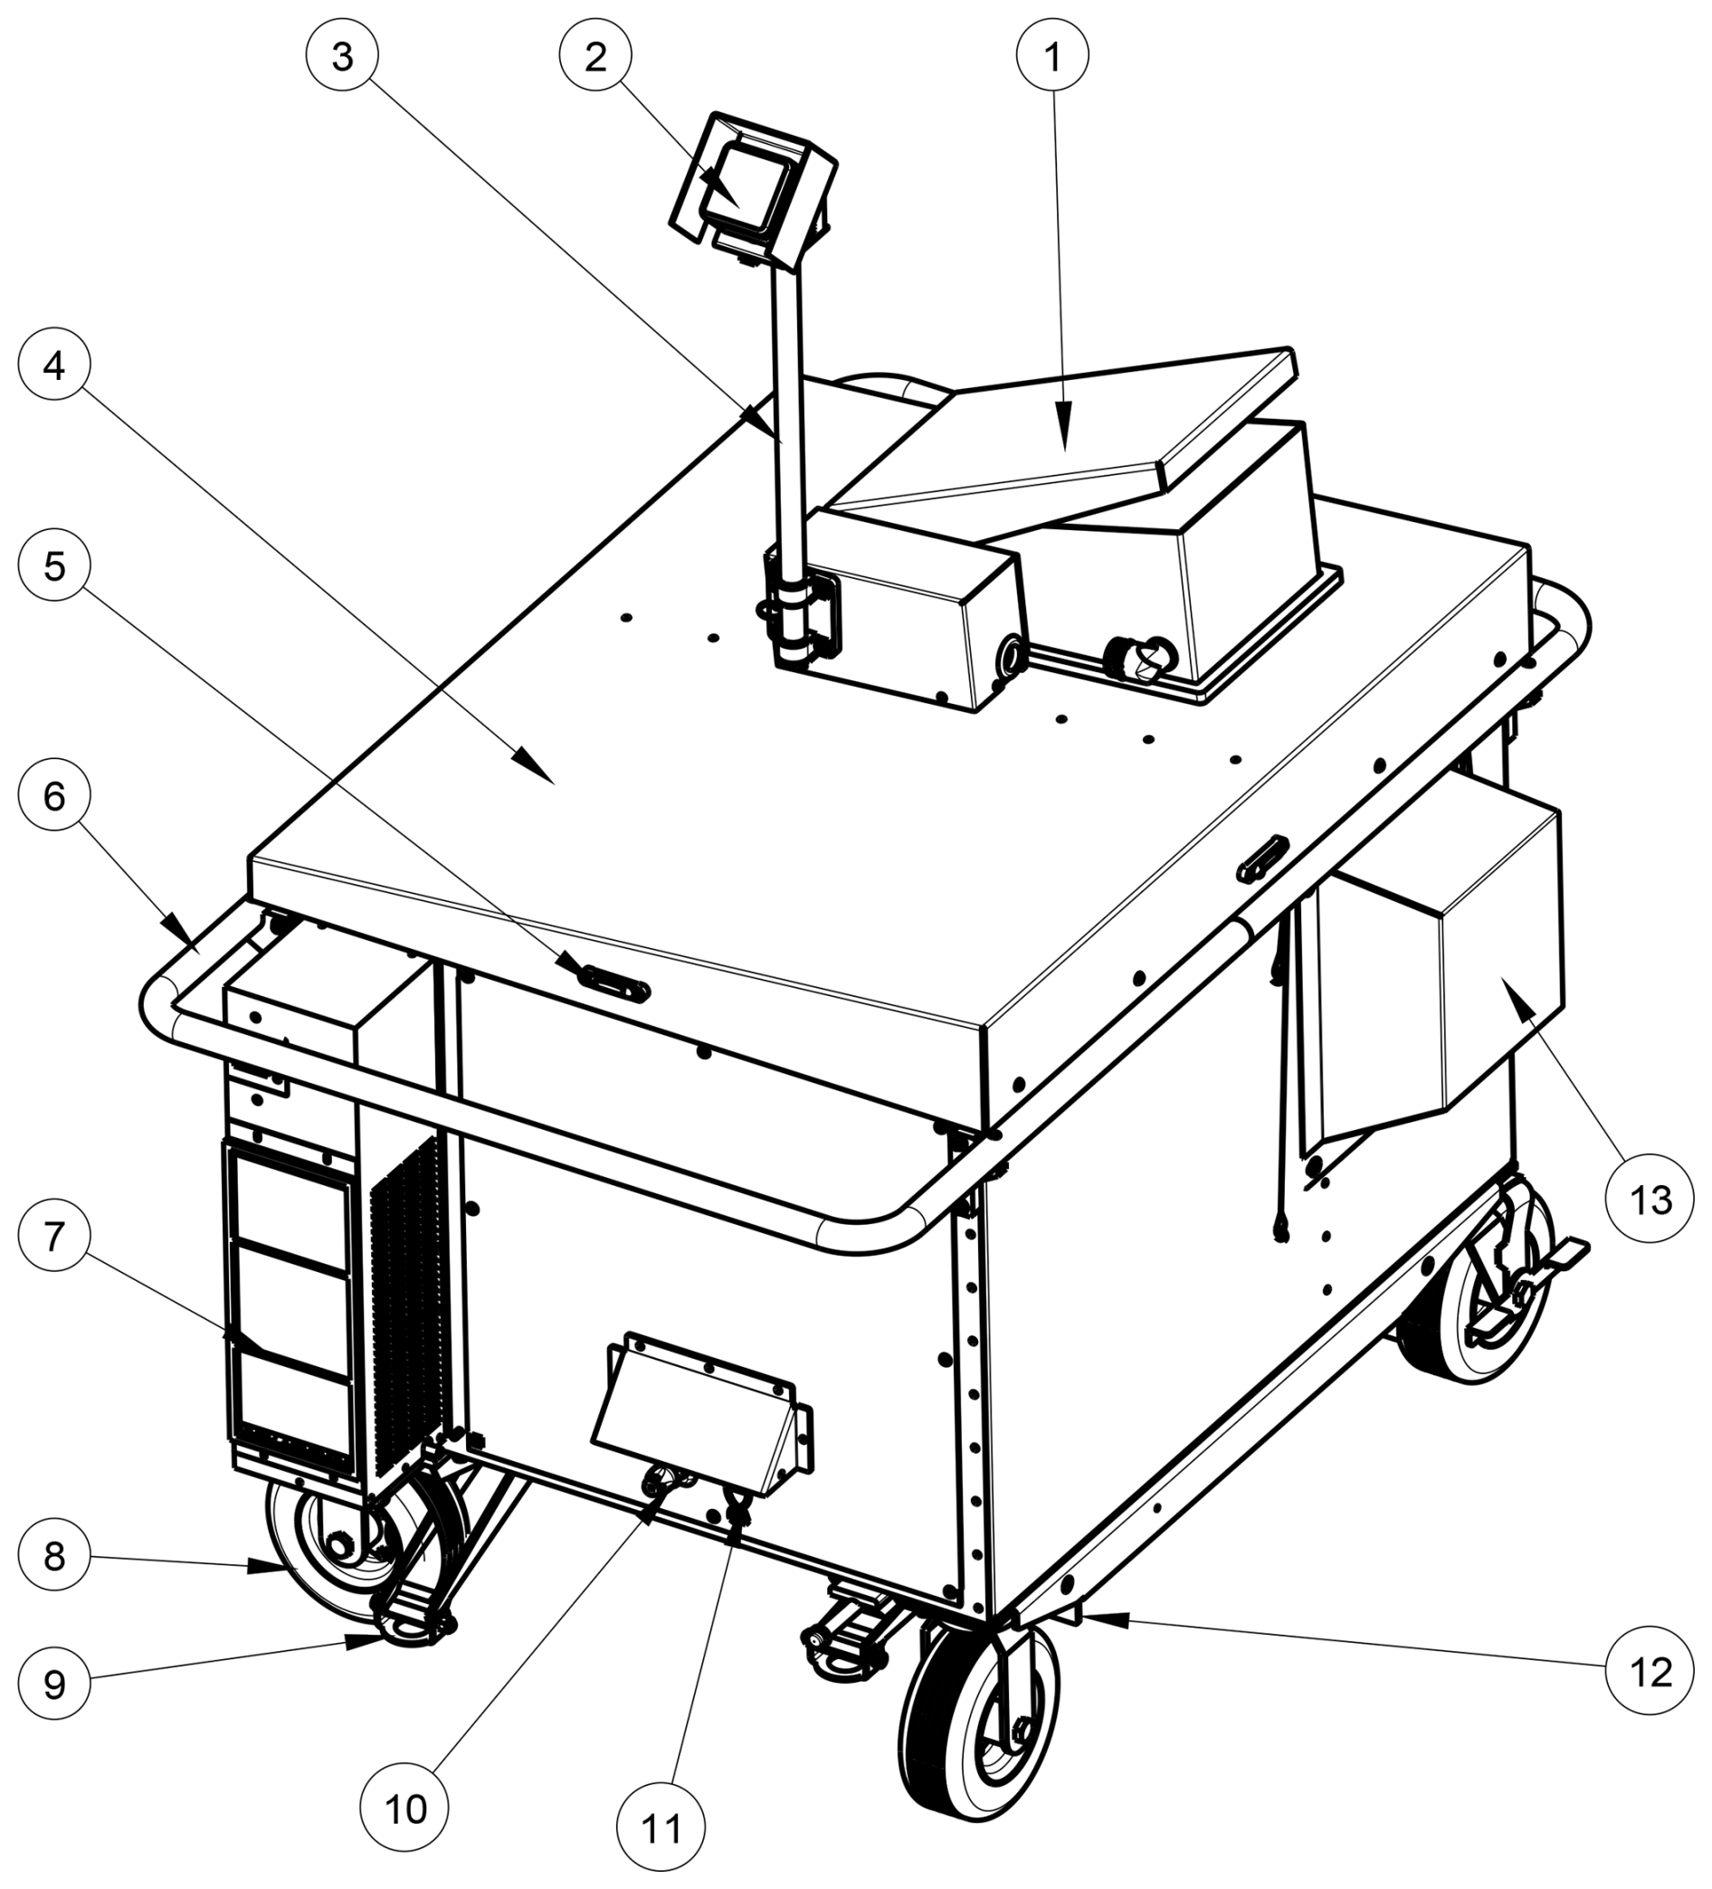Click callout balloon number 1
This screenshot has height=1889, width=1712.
tap(1051, 57)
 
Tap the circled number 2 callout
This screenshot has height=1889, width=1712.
tap(596, 57)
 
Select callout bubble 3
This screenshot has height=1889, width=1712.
tap(342, 57)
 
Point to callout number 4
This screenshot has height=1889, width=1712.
tap(55, 365)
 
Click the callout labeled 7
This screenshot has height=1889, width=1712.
tap(55, 1238)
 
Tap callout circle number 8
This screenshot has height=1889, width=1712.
tap(55, 1556)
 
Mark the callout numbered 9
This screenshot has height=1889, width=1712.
tap(55, 1684)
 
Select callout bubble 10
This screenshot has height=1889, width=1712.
tap(405, 1809)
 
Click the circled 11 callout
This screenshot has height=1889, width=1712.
tap(661, 1828)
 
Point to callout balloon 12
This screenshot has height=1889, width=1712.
tap(1650, 1671)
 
